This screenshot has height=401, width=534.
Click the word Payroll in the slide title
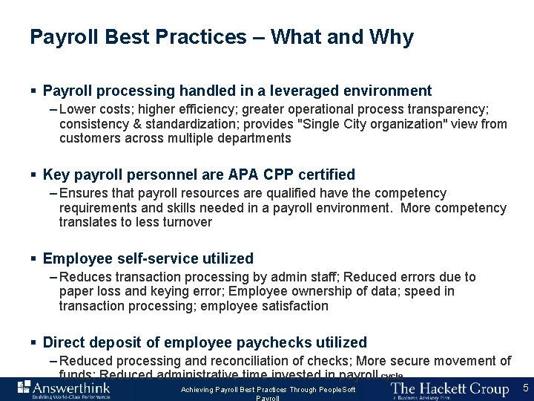pos(62,37)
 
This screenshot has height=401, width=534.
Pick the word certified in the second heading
pos(325,175)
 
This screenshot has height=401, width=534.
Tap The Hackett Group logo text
pos(449,388)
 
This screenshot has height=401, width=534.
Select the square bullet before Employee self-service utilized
pos(33,259)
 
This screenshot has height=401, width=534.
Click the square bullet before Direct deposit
pos(33,343)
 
